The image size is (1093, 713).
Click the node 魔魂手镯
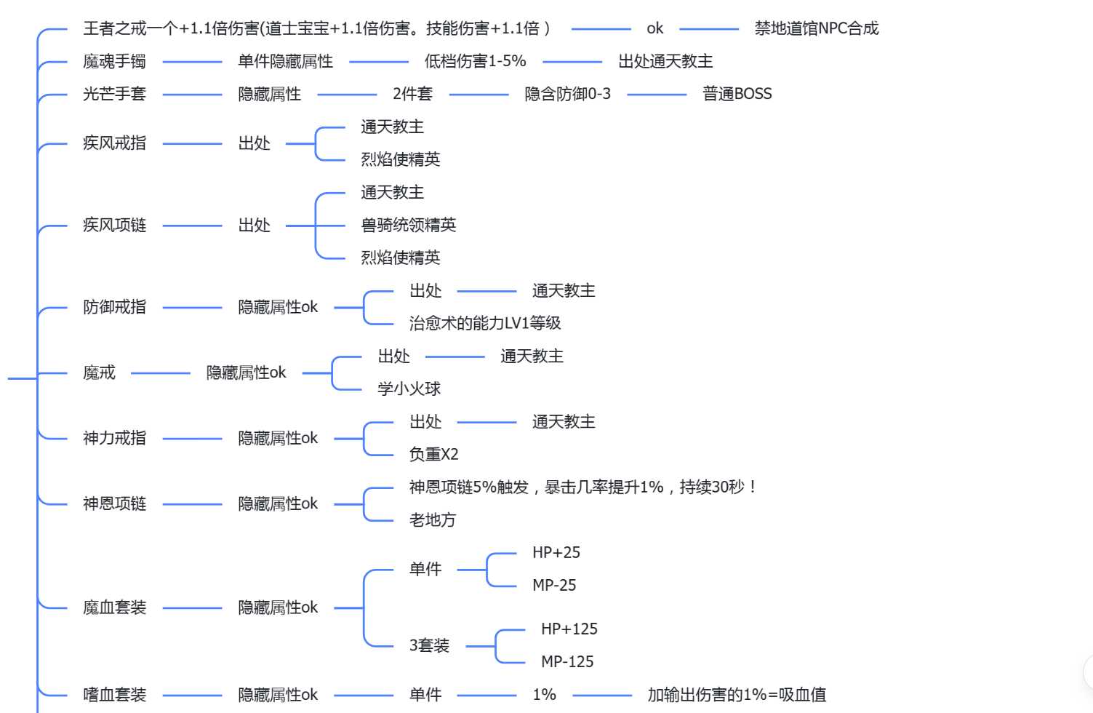[114, 62]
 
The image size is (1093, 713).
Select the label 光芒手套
[114, 94]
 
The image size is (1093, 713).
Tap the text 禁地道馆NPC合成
[817, 28]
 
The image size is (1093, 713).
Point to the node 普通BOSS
[737, 94]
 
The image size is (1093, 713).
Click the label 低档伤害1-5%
[475, 61]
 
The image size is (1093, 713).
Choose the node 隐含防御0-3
[567, 94]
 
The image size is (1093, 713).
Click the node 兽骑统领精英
[408, 225]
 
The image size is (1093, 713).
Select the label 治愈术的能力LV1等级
[484, 323]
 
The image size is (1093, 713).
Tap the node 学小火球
[409, 389]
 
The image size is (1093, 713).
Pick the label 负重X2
[433, 455]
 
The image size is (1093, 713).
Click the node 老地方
[432, 519]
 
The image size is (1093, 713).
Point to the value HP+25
[556, 552]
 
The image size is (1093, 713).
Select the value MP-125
[567, 661]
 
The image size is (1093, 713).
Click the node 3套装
[429, 645]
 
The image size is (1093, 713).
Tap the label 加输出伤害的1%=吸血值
[737, 695]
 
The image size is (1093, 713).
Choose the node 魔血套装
[114, 608]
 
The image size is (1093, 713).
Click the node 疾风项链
[114, 225]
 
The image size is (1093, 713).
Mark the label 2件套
[412, 94]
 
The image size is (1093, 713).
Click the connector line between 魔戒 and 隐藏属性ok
[161, 373]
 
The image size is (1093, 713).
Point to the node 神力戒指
[114, 438]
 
